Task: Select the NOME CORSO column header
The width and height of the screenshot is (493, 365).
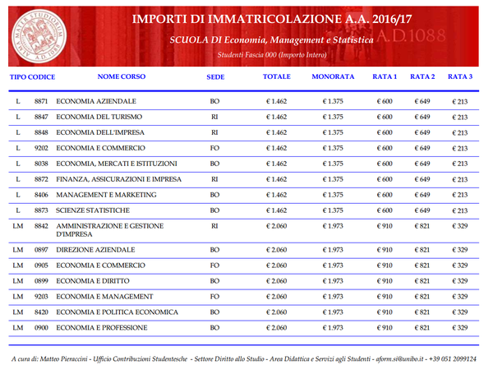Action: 121,76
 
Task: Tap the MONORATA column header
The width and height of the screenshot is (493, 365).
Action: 333,76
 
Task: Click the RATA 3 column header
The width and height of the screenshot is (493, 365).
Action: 460,76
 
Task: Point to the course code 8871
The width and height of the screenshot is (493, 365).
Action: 41,101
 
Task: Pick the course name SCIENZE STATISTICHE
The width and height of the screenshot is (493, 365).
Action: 94,210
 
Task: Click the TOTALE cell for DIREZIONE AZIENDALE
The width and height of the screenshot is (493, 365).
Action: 277,249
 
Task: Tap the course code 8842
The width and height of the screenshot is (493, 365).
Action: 41,225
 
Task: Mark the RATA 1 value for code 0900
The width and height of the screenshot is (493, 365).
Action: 385,327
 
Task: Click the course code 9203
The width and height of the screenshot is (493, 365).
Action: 41,296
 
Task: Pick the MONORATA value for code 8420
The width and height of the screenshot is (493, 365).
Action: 332,312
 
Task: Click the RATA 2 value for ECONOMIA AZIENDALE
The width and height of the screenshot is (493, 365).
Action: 422,101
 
